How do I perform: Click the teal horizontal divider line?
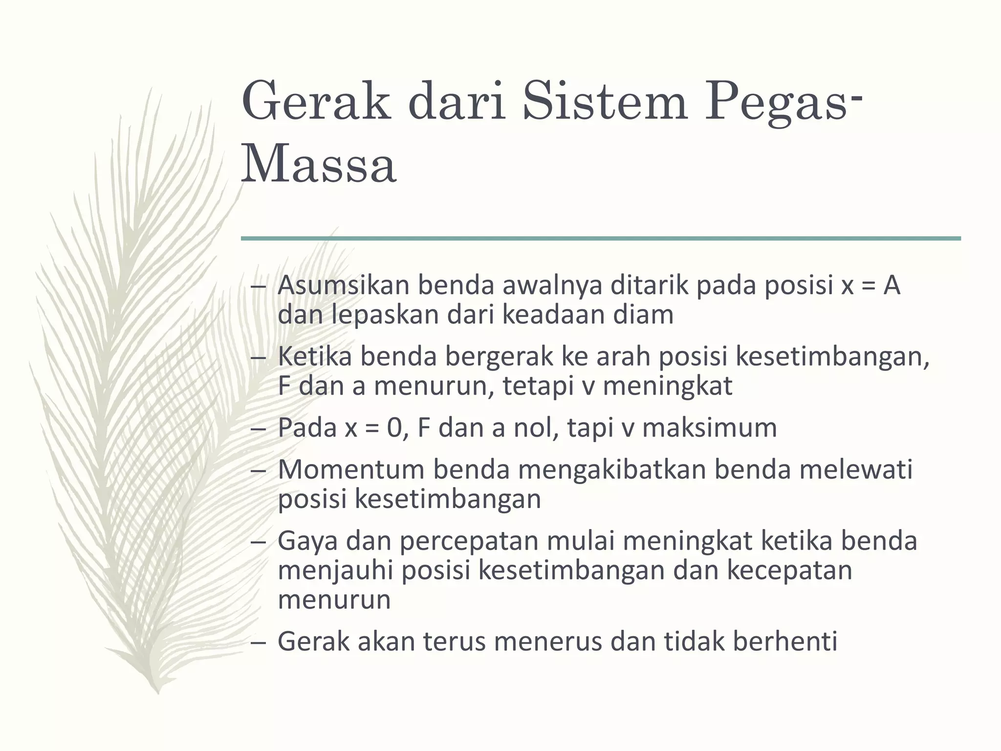tap(601, 239)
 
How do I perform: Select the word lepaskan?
tap(386, 314)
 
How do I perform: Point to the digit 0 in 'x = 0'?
tap(394, 428)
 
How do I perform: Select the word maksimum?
tap(709, 428)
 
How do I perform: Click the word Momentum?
tap(351, 469)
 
